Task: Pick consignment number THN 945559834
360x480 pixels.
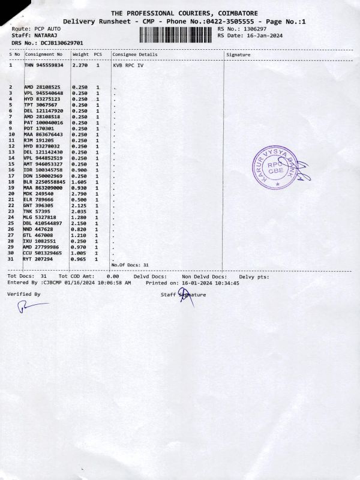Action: pos(44,65)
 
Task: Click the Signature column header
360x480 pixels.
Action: pos(239,55)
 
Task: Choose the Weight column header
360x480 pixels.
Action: pos(80,55)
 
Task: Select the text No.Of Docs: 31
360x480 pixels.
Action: pos(130,265)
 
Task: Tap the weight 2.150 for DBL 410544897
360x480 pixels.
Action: pos(80,223)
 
